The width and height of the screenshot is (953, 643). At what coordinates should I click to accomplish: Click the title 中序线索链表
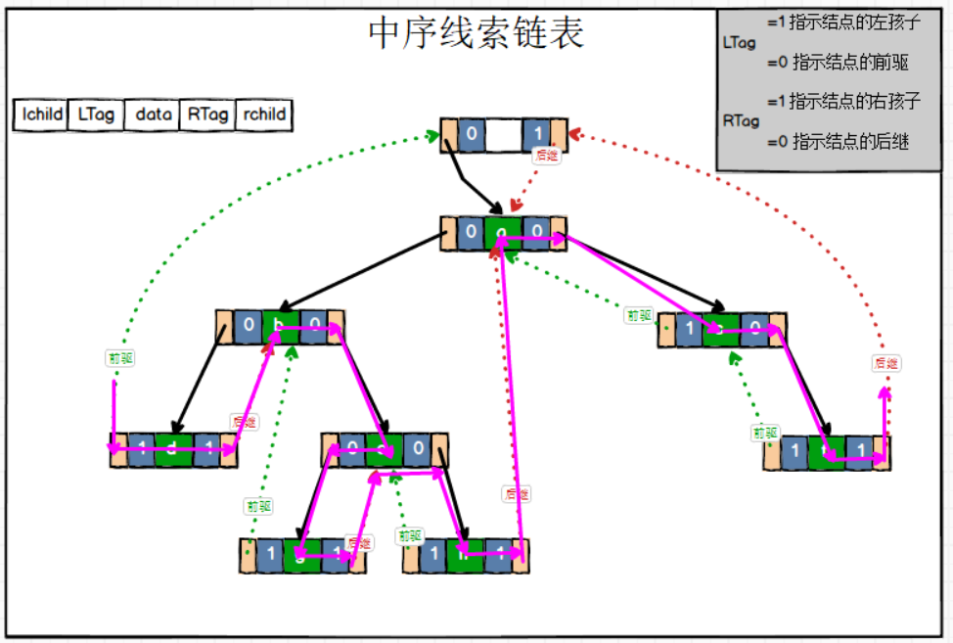coord(476,33)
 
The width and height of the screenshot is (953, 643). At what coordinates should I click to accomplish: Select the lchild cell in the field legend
coord(42,115)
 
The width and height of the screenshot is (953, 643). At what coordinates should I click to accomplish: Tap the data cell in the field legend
coord(154,115)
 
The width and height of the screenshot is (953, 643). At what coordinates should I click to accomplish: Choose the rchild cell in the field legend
coord(265,115)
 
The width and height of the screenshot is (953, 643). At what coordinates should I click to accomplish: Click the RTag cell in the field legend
coord(208,115)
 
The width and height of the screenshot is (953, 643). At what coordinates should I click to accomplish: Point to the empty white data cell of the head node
coord(504,135)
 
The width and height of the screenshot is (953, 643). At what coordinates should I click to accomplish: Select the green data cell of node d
coord(173,450)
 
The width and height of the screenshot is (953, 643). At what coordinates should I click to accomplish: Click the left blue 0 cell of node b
coord(249,327)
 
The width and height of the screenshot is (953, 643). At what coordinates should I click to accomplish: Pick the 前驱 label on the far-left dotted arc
coord(120,358)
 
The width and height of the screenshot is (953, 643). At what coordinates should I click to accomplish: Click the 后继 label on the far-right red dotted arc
coord(885,363)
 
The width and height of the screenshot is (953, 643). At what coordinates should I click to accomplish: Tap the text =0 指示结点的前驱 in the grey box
coord(838,63)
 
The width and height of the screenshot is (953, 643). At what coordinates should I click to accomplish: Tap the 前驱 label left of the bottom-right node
coord(765,433)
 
